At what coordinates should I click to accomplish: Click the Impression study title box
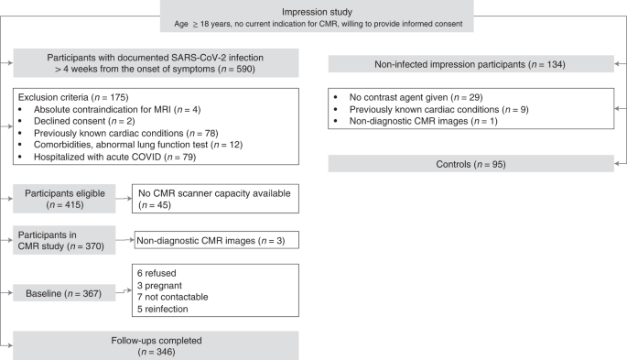click(x=313, y=17)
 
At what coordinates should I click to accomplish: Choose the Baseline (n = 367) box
click(x=64, y=293)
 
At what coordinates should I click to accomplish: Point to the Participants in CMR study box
click(x=64, y=241)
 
